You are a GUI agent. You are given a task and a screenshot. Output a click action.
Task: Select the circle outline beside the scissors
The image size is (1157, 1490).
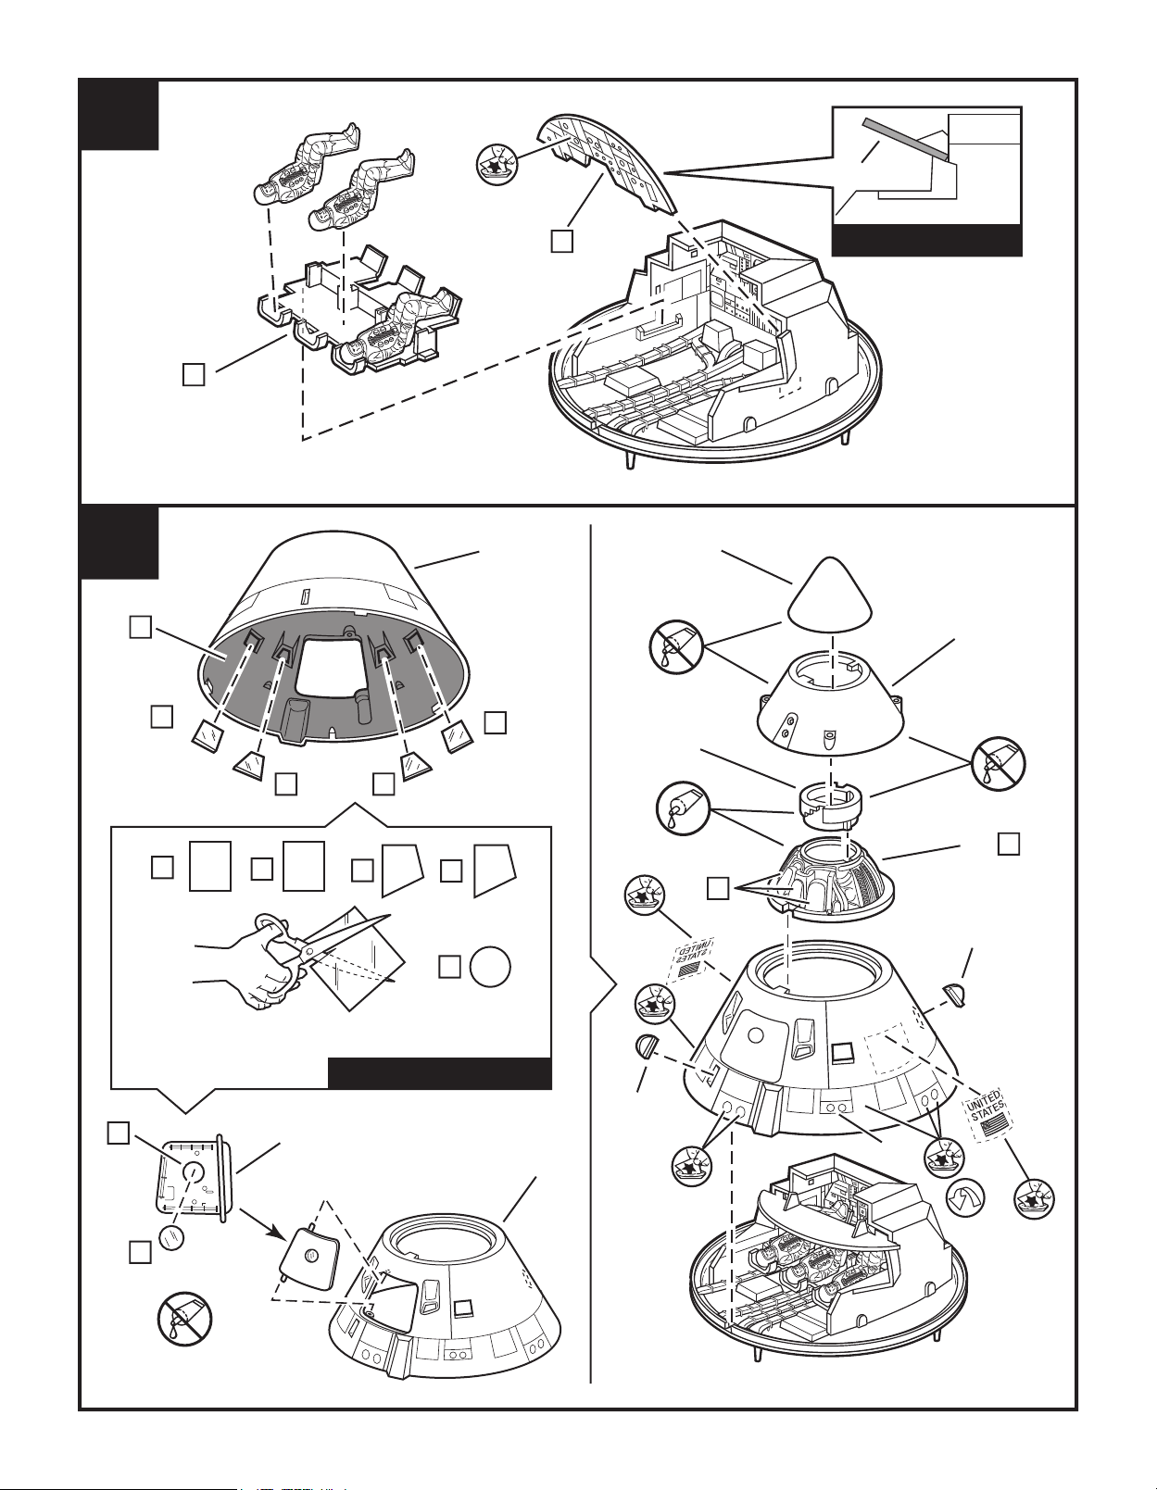tap(491, 967)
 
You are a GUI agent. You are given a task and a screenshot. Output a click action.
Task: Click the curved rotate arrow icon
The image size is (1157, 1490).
tap(964, 1203)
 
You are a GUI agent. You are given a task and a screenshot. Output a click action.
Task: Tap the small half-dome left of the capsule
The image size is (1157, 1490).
tap(649, 1049)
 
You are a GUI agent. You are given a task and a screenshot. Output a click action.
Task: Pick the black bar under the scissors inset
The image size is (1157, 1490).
tap(440, 1074)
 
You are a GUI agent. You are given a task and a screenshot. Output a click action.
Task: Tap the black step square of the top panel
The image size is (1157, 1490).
tap(119, 115)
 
